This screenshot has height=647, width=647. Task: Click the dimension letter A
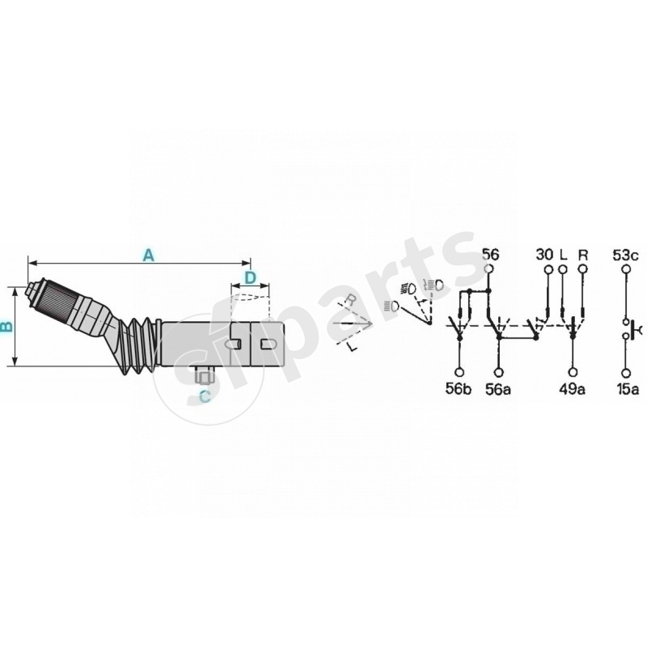(147, 255)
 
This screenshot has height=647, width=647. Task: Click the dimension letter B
(7, 327)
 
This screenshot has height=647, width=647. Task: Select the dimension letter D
(250, 277)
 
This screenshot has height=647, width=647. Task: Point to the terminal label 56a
(499, 390)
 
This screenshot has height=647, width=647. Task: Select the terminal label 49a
(573, 390)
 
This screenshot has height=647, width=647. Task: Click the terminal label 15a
(627, 390)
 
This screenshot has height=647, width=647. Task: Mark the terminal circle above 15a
(626, 372)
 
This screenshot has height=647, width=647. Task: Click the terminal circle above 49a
(573, 372)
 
